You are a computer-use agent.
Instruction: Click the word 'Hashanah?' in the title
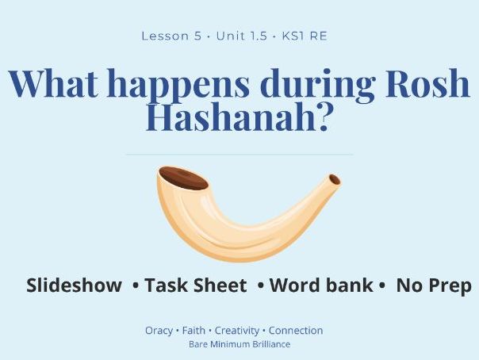tap(239, 118)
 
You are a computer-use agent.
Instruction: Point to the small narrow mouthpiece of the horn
tap(334, 180)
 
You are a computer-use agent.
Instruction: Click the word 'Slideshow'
tap(74, 285)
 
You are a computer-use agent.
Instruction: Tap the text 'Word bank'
tap(321, 285)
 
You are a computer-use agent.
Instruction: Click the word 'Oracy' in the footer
tap(159, 331)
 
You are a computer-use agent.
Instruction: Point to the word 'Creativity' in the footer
tap(237, 331)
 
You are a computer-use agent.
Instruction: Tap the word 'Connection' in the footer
tap(296, 331)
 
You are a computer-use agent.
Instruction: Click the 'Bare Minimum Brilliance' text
tap(239, 344)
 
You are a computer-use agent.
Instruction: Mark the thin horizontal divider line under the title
tap(239, 155)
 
